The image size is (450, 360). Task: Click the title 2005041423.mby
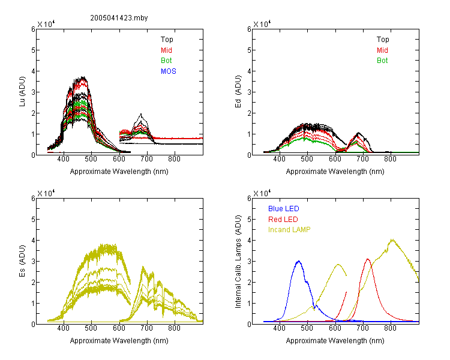tap(119, 18)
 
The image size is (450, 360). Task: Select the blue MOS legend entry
tap(169, 71)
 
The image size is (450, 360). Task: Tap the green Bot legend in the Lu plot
tap(166, 61)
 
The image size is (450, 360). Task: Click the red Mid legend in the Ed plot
tap(382, 50)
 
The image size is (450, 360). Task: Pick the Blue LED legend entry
tap(284, 209)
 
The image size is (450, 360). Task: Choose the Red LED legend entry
tap(283, 220)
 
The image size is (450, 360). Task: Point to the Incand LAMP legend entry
tap(289, 230)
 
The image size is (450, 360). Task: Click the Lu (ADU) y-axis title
tap(22, 92)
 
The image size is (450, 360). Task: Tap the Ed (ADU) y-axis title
tap(238, 92)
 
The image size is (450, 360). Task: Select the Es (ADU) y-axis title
tap(22, 260)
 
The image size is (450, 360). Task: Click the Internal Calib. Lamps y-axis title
tap(238, 262)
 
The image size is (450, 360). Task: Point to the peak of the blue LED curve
tap(299, 261)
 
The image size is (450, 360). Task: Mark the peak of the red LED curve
tap(368, 259)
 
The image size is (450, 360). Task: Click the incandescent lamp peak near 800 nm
tap(392, 239)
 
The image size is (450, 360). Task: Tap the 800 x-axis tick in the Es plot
tap(174, 328)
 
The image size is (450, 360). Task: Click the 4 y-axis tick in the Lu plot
tap(33, 71)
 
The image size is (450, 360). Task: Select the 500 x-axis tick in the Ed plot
tap(307, 159)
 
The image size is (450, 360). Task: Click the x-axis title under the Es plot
tap(119, 341)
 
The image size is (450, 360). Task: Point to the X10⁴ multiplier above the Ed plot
tap(262, 23)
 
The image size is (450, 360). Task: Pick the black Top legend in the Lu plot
tap(167, 40)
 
